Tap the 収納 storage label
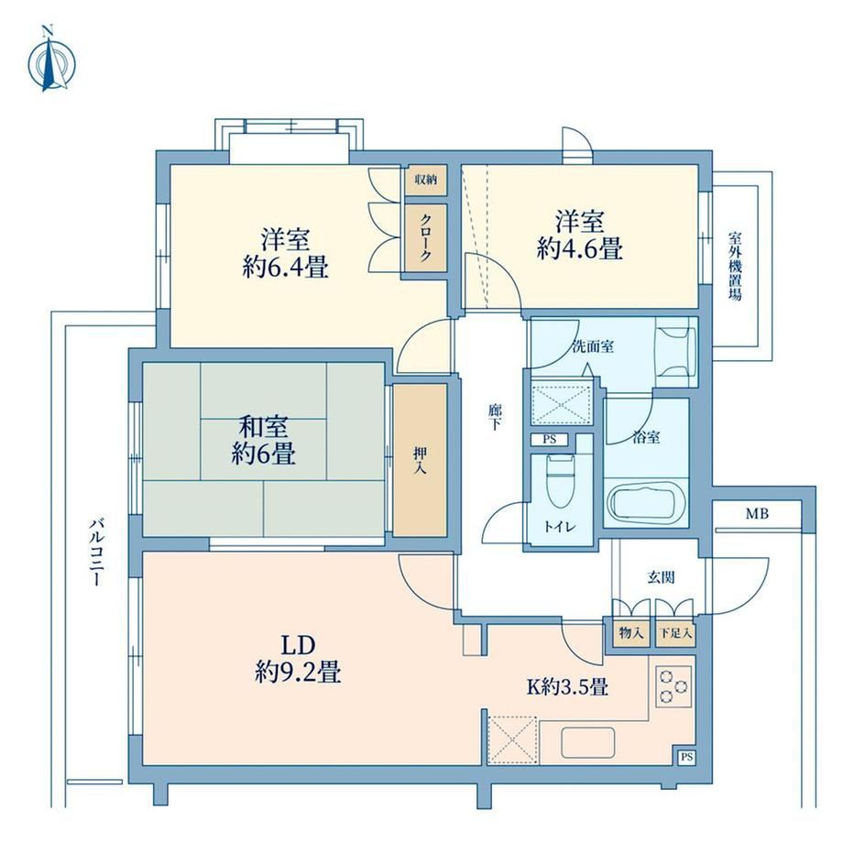pyautogui.click(x=425, y=180)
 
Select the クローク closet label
pyautogui.click(x=425, y=237)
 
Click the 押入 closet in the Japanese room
pyautogui.click(x=420, y=460)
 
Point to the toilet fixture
pyautogui.click(x=561, y=480)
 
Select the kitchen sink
pyautogui.click(x=587, y=742)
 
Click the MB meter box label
pyautogui.click(x=757, y=514)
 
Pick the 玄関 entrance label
pyautogui.click(x=661, y=577)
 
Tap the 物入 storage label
pyautogui.click(x=630, y=633)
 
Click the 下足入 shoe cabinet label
pyautogui.click(x=676, y=633)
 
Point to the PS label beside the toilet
pyautogui.click(x=549, y=439)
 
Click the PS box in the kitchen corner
pyautogui.click(x=686, y=757)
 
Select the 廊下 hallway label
pyautogui.click(x=495, y=417)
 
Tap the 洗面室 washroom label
pyautogui.click(x=593, y=346)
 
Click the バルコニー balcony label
pyautogui.click(x=97, y=552)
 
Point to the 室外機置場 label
pyautogui.click(x=735, y=266)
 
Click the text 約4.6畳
pyautogui.click(x=579, y=249)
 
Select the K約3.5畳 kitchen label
pyautogui.click(x=567, y=686)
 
